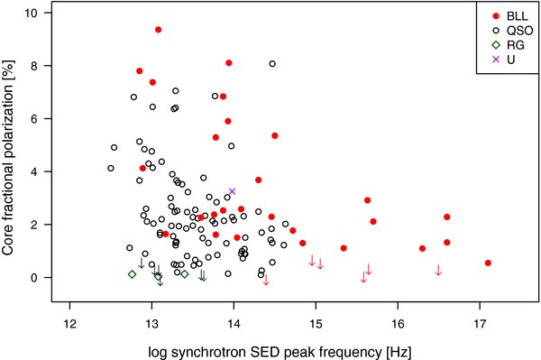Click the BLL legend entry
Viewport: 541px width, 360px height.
(x=504, y=16)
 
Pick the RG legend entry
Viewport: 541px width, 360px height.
(x=504, y=45)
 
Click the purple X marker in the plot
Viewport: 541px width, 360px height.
(x=232, y=191)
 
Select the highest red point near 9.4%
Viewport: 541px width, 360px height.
(x=158, y=30)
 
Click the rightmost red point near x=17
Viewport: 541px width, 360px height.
(x=488, y=263)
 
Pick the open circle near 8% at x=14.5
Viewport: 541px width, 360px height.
(x=272, y=64)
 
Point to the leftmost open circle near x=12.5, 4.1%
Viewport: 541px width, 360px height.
(x=111, y=168)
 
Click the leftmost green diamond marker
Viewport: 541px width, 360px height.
(x=132, y=274)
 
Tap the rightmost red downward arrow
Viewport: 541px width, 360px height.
(x=438, y=270)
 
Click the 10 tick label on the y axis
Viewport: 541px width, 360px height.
(x=53, y=14)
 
